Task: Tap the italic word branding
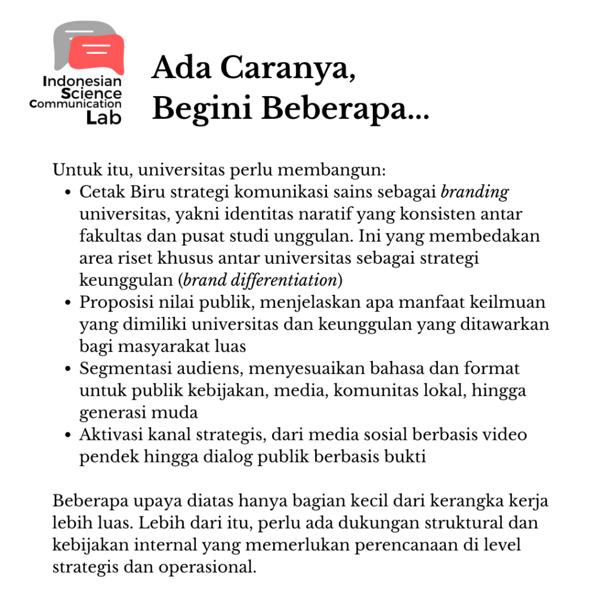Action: (x=474, y=193)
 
